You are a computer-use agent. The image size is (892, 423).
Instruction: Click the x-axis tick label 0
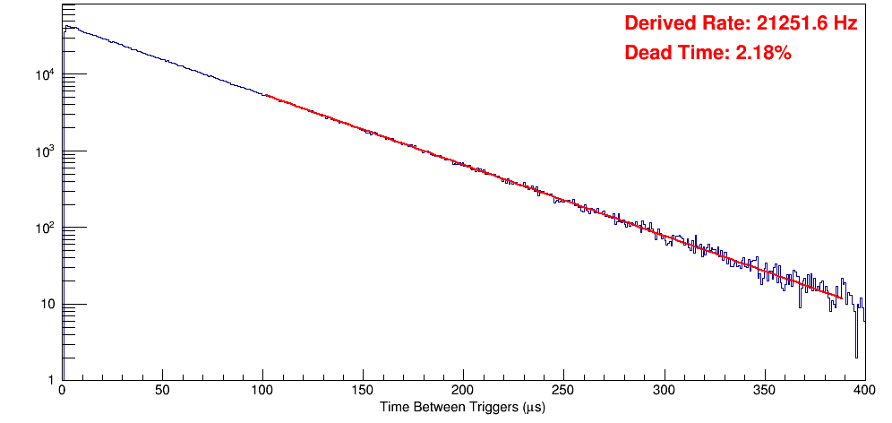click(x=62, y=391)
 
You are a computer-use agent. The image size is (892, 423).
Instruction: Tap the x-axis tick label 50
click(x=162, y=391)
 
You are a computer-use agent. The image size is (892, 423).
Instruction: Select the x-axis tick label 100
click(x=262, y=391)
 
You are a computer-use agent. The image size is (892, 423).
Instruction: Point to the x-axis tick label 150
click(x=363, y=391)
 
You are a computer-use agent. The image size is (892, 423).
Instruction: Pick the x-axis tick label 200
click(x=463, y=391)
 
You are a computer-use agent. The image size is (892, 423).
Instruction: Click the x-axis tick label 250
click(x=563, y=391)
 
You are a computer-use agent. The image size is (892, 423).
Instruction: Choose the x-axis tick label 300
click(x=664, y=391)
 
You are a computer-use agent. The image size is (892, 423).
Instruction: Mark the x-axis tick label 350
click(x=764, y=391)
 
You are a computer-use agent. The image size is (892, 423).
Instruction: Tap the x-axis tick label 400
click(x=863, y=391)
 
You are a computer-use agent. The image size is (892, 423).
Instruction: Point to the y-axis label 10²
click(x=46, y=228)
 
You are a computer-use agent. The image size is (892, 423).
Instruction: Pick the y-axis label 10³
click(x=46, y=151)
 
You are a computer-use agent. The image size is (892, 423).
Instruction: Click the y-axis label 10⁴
click(x=46, y=74)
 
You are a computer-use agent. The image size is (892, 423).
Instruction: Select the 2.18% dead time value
click(x=763, y=54)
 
